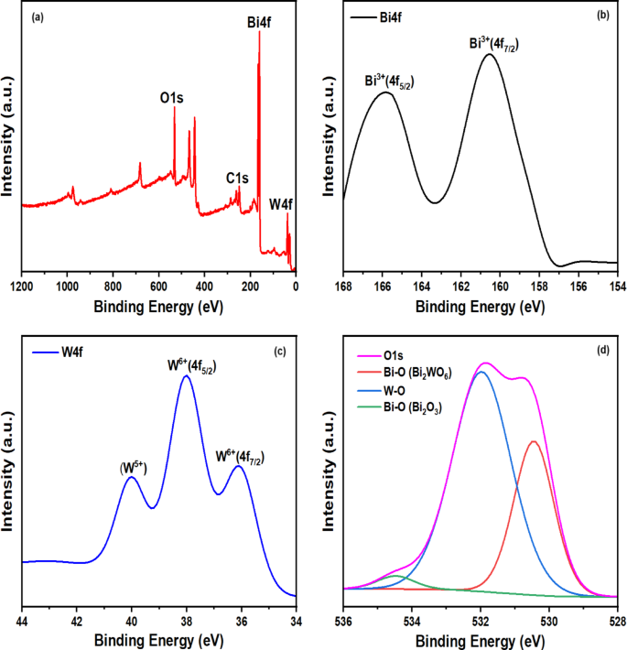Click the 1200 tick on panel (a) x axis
[x=22, y=286]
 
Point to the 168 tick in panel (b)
[x=343, y=286]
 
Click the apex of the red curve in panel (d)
[x=534, y=441]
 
